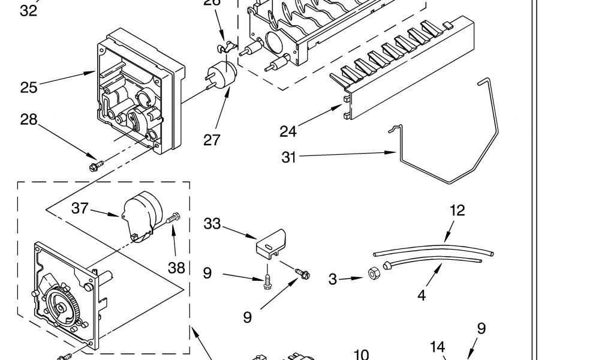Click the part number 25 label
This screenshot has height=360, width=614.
click(x=29, y=88)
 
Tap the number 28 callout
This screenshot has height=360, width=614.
click(x=29, y=120)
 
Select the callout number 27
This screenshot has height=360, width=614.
click(x=212, y=140)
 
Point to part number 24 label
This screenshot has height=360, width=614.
click(x=288, y=130)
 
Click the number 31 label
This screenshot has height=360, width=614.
click(x=290, y=157)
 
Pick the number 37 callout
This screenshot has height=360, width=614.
click(x=80, y=208)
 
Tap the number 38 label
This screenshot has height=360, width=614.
click(x=176, y=268)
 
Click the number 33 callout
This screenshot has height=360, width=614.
click(x=212, y=224)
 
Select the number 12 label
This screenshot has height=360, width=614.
click(x=457, y=211)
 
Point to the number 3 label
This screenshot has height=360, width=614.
click(x=333, y=279)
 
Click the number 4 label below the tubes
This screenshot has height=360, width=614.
click(x=422, y=296)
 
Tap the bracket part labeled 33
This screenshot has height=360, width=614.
click(x=273, y=242)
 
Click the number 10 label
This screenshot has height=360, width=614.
click(x=361, y=355)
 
